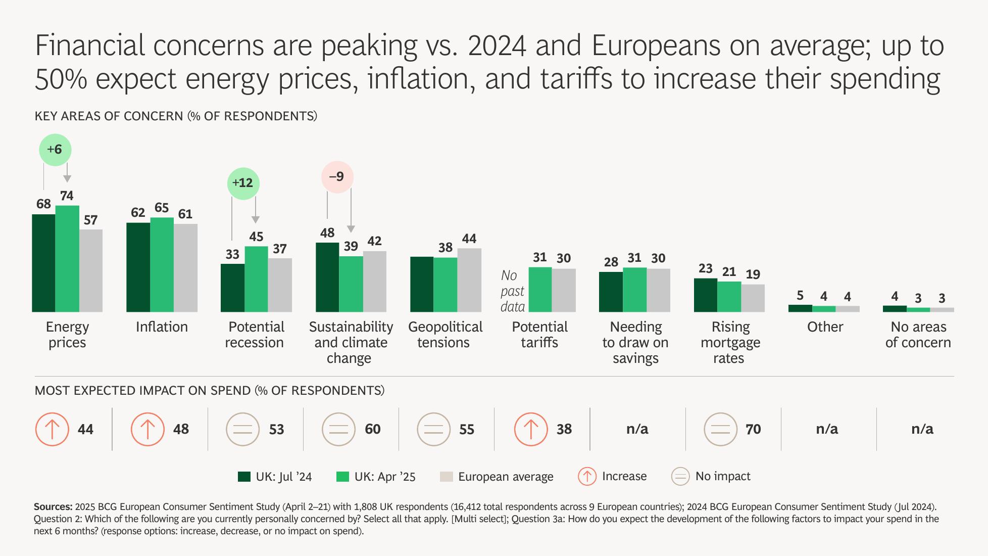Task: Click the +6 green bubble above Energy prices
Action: [55, 150]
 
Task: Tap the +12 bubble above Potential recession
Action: [243, 183]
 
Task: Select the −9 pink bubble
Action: [337, 177]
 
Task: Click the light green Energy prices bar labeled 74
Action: [67, 258]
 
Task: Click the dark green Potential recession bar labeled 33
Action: [232, 288]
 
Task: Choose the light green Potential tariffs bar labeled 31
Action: [540, 289]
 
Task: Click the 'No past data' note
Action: [512, 291]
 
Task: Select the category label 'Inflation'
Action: [162, 327]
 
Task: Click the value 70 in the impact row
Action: [753, 429]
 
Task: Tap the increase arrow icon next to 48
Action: [147, 429]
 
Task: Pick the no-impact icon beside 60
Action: [338, 429]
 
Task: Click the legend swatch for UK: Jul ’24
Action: [244, 477]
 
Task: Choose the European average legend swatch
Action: [446, 477]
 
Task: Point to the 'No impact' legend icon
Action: [680, 477]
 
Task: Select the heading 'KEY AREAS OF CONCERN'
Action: [109, 116]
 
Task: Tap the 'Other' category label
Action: [825, 327]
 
